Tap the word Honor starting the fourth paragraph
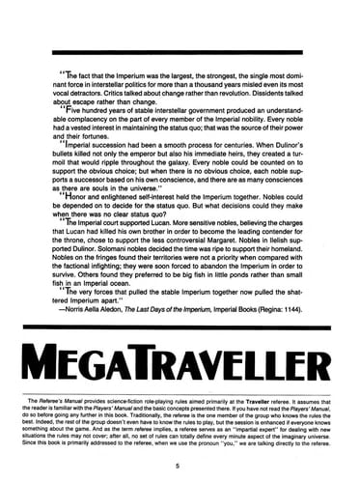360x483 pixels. (81, 198)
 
